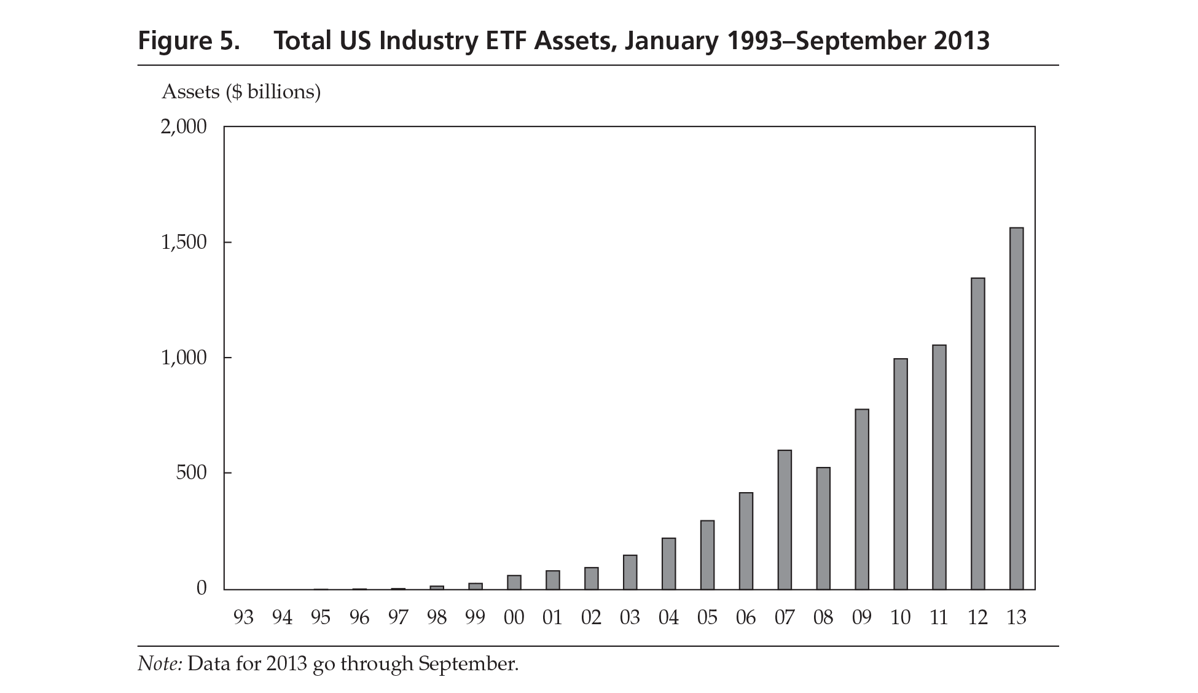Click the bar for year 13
[1016, 409]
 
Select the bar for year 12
[977, 434]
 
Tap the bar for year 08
[823, 528]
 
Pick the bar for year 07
[785, 520]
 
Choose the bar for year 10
[901, 474]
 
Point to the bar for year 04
[668, 563]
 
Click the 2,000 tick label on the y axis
[184, 127]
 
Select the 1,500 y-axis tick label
[184, 243]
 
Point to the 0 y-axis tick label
[202, 589]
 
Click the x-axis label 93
[243, 617]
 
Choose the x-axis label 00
[514, 617]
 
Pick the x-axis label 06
[746, 617]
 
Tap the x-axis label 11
[939, 617]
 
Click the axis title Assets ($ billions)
[241, 92]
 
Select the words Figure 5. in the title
[188, 41]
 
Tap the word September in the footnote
[468, 664]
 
